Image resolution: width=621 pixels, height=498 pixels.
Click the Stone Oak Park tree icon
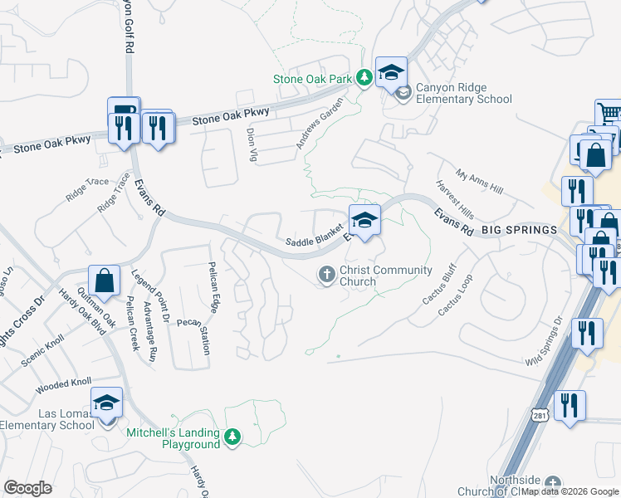point(364,79)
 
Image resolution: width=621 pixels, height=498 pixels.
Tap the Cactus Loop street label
point(454,294)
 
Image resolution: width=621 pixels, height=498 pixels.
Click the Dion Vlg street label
point(252,144)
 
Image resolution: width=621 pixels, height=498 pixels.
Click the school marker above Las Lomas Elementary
point(106,404)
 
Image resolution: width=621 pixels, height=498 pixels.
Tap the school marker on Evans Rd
point(364,220)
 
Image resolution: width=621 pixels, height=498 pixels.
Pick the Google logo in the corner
point(28,488)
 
